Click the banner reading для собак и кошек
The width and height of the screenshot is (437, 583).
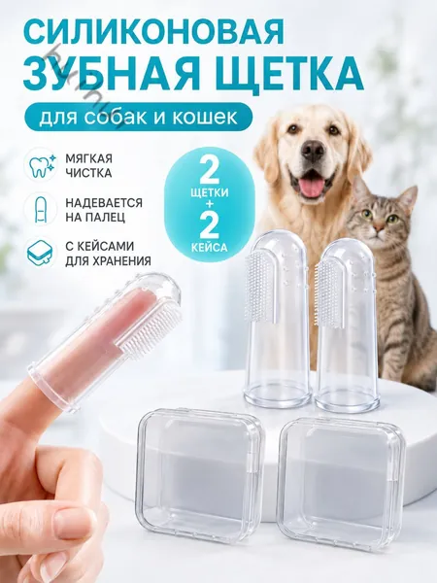[138, 116]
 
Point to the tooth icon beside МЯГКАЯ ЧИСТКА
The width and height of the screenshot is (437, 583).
[40, 165]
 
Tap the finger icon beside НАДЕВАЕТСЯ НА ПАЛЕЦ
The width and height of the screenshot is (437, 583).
[40, 209]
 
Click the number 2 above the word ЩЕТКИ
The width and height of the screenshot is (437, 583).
[209, 171]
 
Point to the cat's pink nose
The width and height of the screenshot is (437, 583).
[379, 226]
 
